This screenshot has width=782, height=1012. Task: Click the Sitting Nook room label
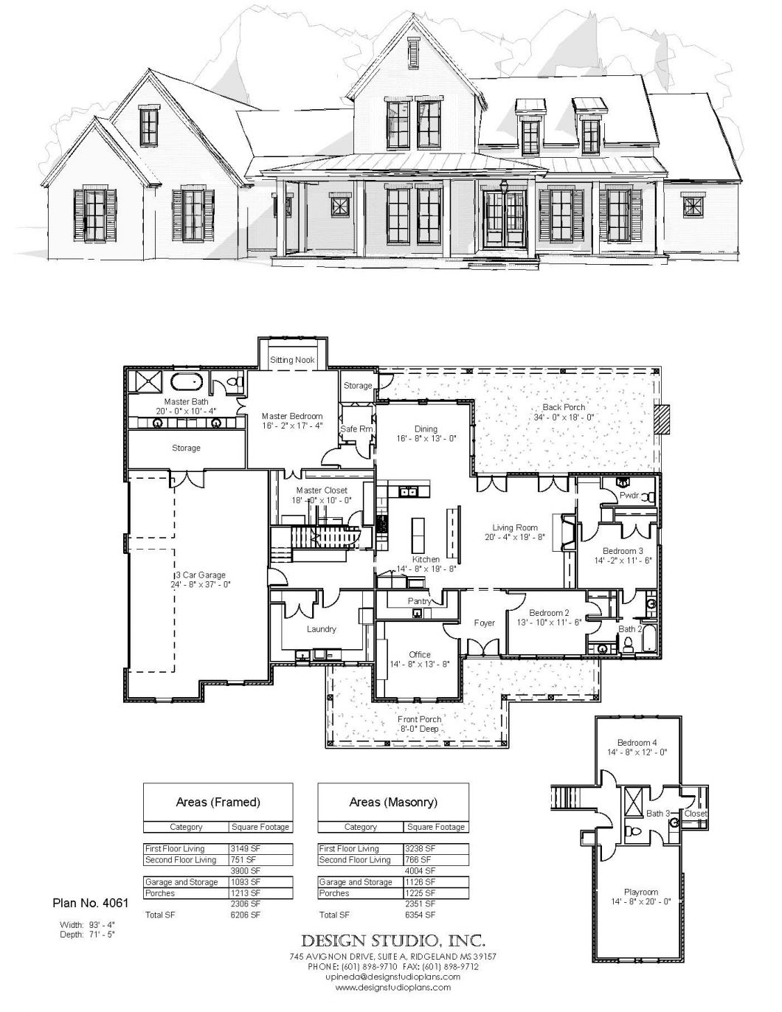(292, 360)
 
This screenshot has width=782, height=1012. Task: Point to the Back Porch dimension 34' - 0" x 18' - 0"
(564, 417)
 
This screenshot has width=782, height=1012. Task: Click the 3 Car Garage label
(200, 575)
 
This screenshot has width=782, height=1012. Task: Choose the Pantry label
(419, 601)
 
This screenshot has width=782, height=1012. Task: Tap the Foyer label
(484, 623)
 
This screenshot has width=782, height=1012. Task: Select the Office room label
(419, 654)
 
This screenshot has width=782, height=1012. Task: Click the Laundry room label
(321, 629)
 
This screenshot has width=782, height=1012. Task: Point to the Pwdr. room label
(629, 496)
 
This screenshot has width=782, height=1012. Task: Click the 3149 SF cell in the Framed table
(245, 849)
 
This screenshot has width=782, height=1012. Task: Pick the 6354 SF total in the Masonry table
(421, 915)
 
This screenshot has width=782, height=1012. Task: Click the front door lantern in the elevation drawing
(505, 187)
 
